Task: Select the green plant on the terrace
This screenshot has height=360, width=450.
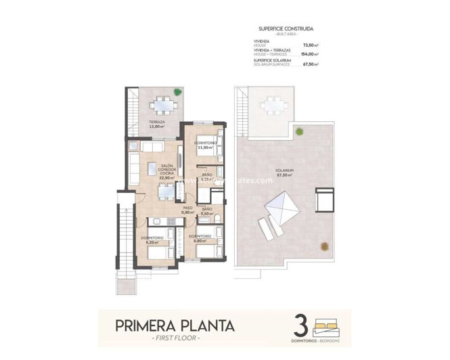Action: pyautogui.click(x=177, y=92)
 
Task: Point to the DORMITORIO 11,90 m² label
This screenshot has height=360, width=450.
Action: pyautogui.click(x=204, y=145)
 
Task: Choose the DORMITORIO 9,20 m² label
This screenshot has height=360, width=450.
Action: pyautogui.click(x=150, y=240)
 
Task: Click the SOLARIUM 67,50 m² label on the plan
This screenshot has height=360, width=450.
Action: pyautogui.click(x=284, y=173)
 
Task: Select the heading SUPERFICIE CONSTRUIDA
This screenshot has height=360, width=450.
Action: pyautogui.click(x=285, y=29)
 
